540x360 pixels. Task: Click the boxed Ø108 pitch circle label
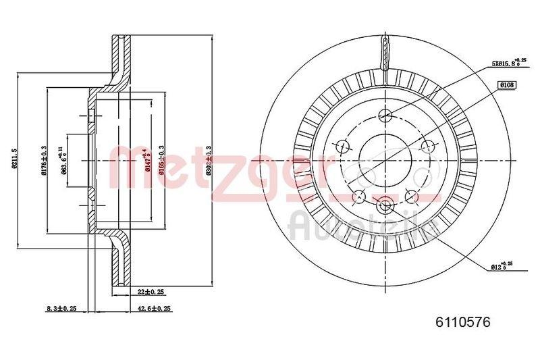(506, 84)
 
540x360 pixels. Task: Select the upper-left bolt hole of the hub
(342, 145)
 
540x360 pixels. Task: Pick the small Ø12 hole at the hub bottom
(385, 205)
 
